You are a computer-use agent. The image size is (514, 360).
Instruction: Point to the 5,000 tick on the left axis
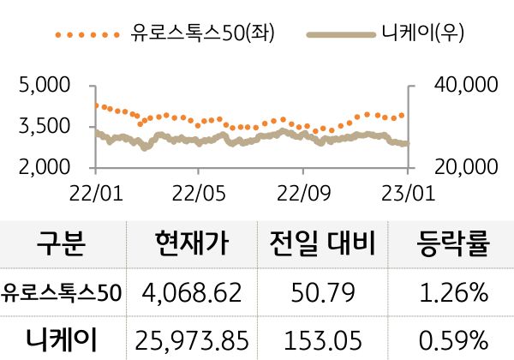pyautogui.click(x=45, y=86)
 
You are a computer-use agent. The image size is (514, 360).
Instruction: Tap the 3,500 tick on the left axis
pyautogui.click(x=45, y=127)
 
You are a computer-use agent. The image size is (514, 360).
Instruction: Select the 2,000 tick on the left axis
pyautogui.click(x=45, y=167)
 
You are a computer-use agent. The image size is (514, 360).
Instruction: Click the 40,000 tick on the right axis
pyautogui.click(x=466, y=86)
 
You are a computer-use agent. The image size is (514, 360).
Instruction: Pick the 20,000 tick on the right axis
pyautogui.click(x=466, y=167)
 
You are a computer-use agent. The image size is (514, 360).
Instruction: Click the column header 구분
pyautogui.click(x=62, y=247)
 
